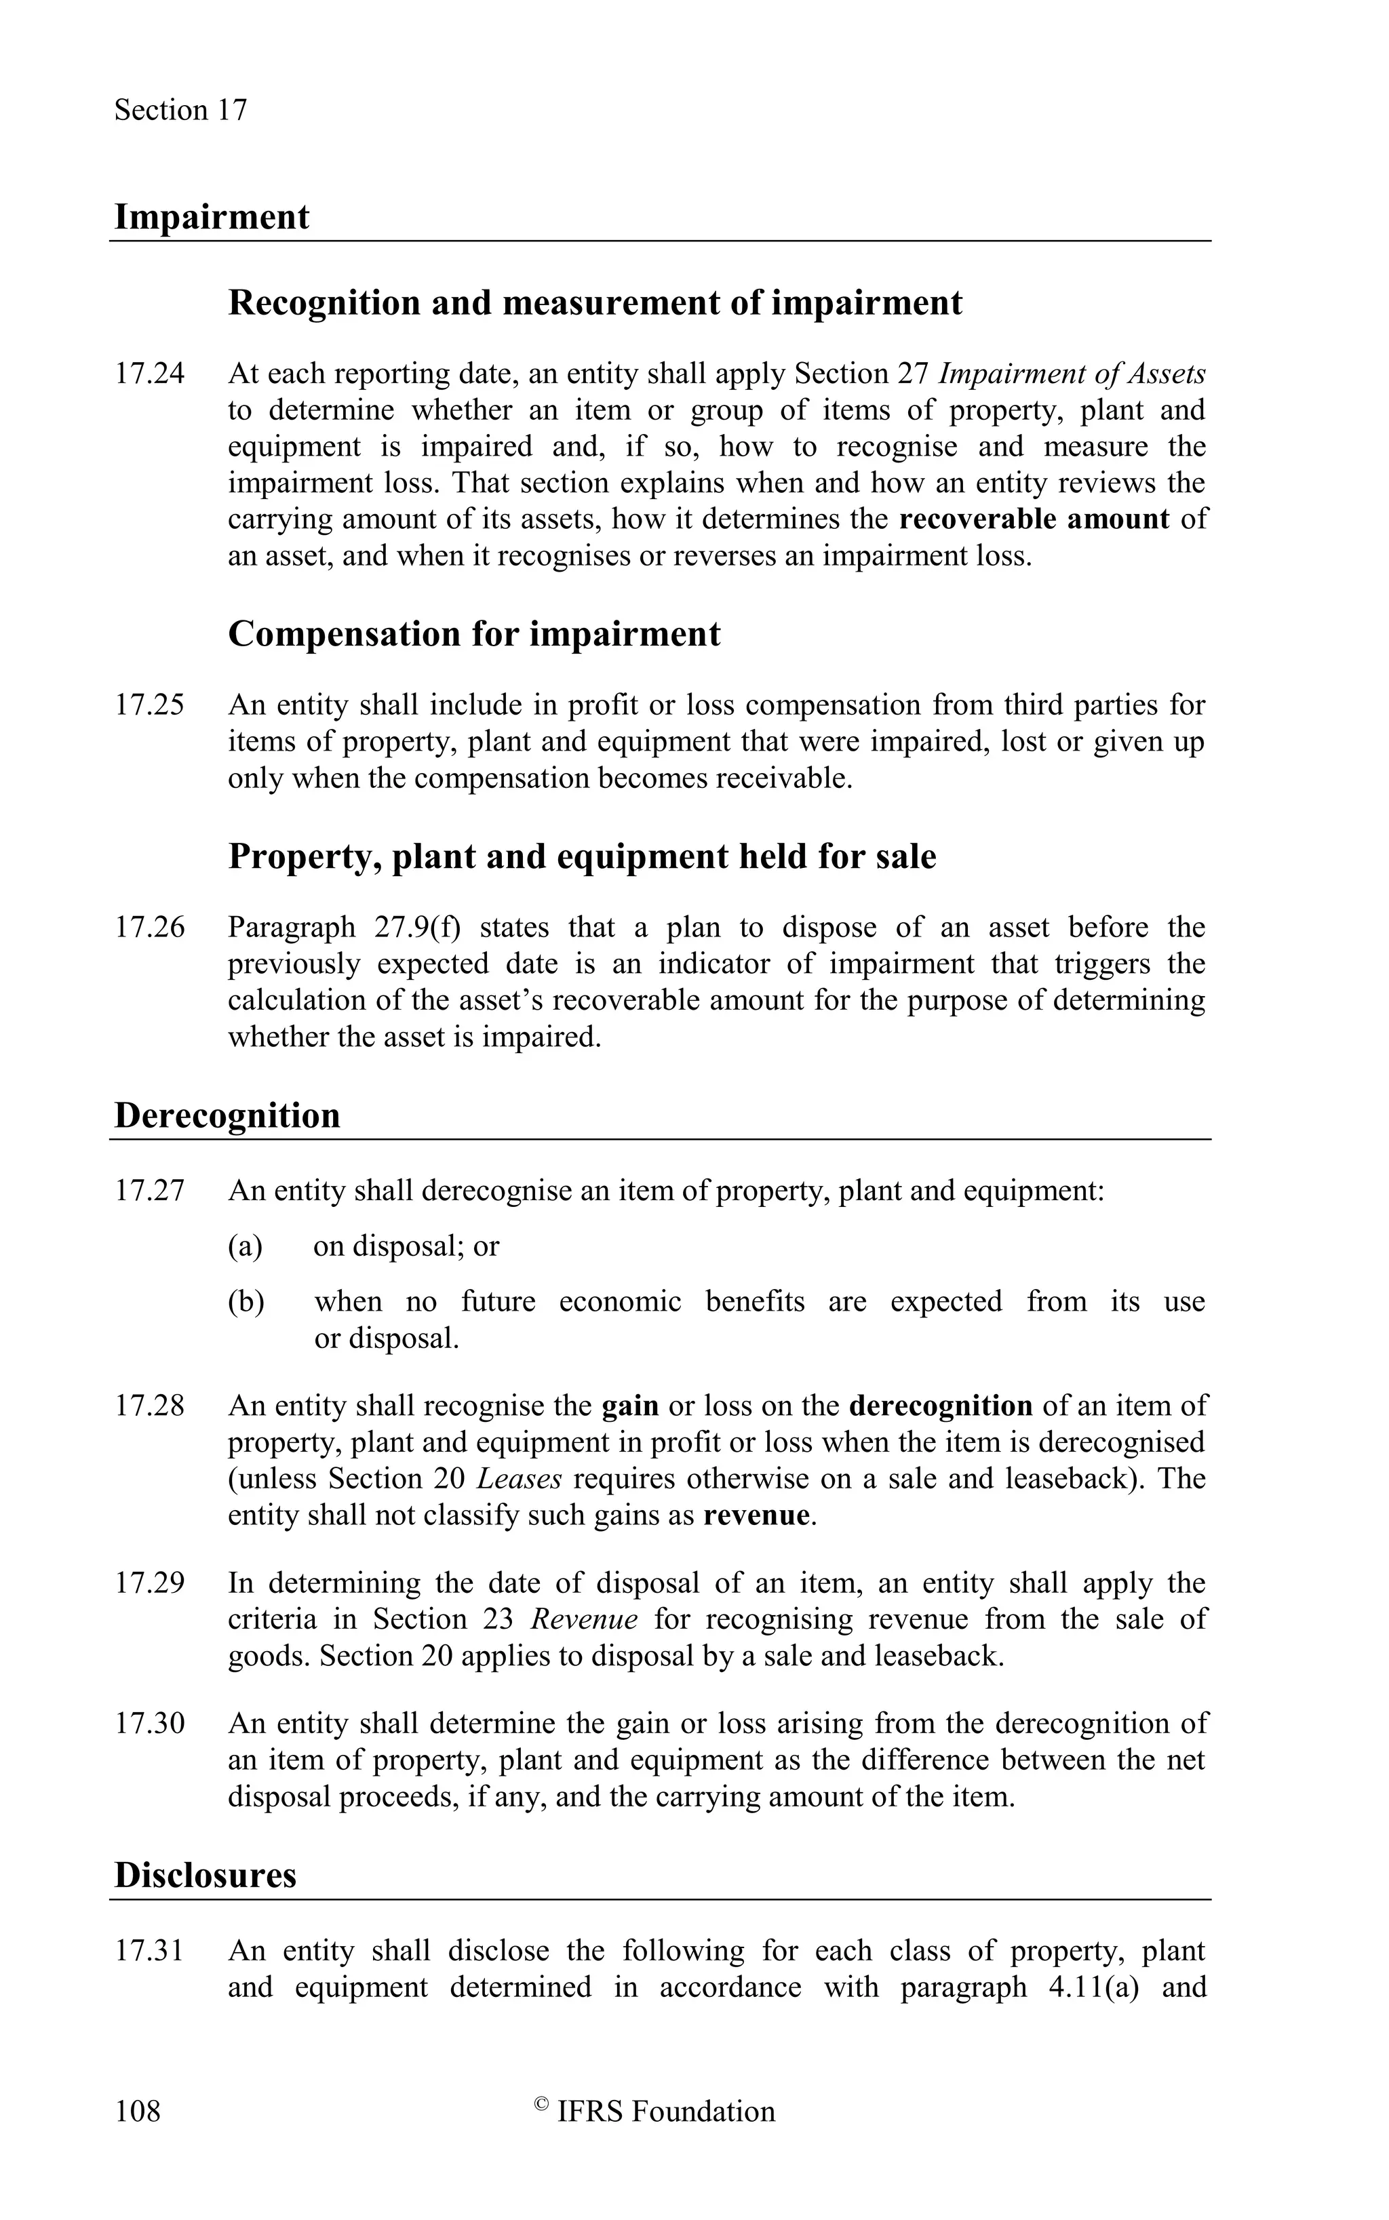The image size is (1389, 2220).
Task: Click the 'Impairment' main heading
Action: tap(212, 217)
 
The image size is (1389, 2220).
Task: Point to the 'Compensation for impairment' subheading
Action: tap(474, 634)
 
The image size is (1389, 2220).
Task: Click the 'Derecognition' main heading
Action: tap(227, 1115)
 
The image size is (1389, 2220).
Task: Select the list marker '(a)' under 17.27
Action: tap(244, 1246)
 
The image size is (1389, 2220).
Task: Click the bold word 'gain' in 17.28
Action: tap(630, 1406)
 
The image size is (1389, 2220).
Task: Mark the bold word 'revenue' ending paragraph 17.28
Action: tap(757, 1515)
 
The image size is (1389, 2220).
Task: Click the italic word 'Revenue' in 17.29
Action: tap(584, 1619)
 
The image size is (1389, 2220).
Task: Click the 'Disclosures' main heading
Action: tap(205, 1875)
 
